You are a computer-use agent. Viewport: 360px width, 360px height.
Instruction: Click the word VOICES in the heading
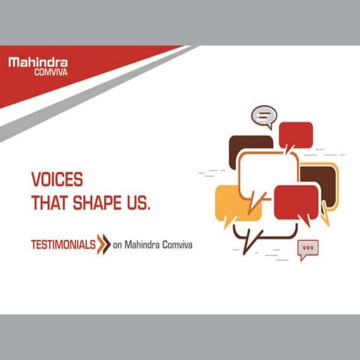tap(56, 181)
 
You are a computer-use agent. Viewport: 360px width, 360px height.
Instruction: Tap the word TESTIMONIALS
tap(62, 244)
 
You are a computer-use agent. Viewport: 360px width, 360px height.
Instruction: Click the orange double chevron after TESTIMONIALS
tap(103, 244)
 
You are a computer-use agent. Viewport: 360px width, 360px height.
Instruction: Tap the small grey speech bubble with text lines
tap(263, 117)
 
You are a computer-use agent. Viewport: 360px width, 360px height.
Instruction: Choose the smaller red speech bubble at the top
tap(295, 135)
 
